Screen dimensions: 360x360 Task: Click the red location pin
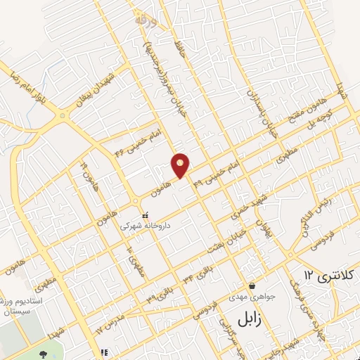pos(181,165)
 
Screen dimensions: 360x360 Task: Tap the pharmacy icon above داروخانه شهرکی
pos(145,215)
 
